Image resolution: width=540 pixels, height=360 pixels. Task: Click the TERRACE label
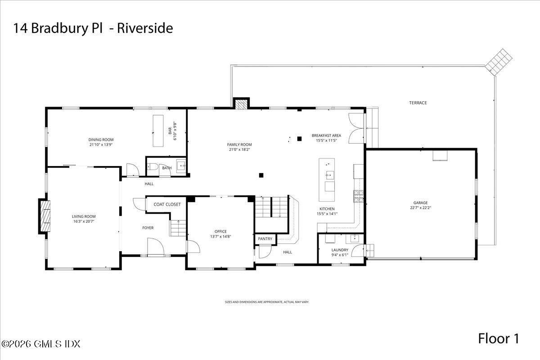(x=418, y=103)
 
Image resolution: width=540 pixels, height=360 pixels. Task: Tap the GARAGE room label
(x=421, y=202)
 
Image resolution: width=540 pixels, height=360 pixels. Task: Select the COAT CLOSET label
(x=167, y=204)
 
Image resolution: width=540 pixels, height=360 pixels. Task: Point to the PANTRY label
(x=265, y=238)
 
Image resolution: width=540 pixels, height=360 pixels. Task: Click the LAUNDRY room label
(x=340, y=250)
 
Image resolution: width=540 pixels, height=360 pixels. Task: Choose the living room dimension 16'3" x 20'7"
(x=84, y=221)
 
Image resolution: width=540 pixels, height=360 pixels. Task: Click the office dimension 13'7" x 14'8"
(x=220, y=236)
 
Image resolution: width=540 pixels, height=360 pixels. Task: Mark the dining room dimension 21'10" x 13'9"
(x=101, y=145)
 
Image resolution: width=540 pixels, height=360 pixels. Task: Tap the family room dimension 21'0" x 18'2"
(x=239, y=149)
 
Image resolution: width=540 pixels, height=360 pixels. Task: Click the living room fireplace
(x=45, y=216)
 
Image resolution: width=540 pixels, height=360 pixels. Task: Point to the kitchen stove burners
(x=358, y=196)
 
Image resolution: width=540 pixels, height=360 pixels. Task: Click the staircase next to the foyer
(x=179, y=228)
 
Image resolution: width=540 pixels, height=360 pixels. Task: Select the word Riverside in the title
(x=145, y=28)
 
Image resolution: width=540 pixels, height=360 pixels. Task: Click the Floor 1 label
(x=499, y=339)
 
